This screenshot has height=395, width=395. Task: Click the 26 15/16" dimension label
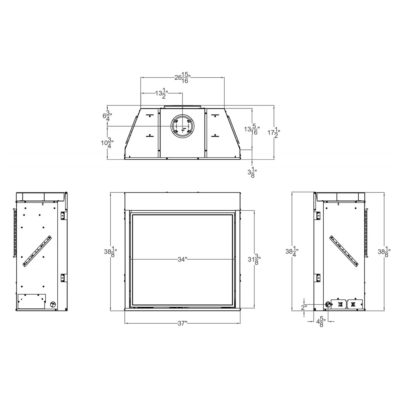[182, 78]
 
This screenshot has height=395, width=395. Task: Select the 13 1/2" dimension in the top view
[161, 93]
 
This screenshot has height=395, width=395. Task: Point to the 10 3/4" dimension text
[107, 143]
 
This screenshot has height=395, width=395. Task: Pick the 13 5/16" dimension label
[252, 129]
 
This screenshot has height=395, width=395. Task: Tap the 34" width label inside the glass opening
[182, 259]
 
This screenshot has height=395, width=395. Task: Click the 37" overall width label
[182, 323]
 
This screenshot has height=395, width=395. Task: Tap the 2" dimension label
[304, 308]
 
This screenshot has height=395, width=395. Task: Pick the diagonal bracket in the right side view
[344, 251]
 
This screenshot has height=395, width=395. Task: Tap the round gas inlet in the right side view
[328, 304]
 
